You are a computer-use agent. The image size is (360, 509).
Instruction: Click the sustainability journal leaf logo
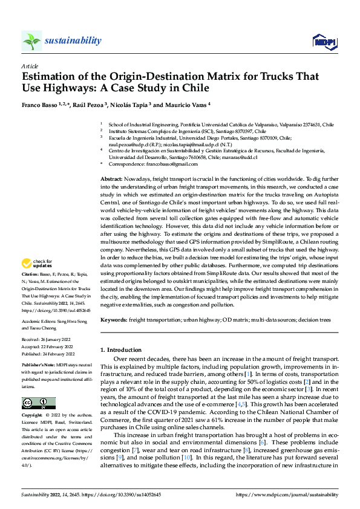pos(31,41)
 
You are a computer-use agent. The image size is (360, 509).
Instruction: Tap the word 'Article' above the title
pos(29,65)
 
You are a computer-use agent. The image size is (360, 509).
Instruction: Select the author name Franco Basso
pos(41,105)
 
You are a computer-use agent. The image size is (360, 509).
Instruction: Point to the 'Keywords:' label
pos(113,319)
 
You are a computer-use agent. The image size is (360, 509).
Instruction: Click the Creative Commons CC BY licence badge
pos(38,403)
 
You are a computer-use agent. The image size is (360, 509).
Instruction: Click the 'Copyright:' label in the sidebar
pos(31,416)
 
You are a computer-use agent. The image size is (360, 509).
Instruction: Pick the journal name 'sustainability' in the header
pos(73,41)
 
